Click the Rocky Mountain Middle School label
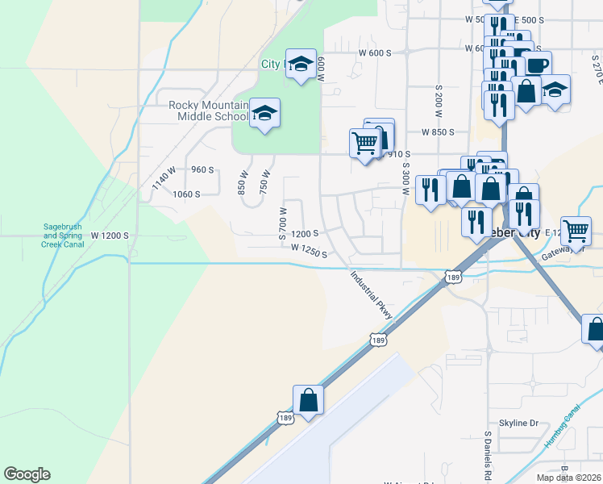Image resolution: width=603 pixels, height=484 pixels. (x=208, y=111)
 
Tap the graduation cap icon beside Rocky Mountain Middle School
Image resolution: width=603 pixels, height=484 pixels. (x=264, y=113)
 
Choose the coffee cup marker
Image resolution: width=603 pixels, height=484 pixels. (x=536, y=65)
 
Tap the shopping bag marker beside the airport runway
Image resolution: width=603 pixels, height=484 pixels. (x=308, y=399)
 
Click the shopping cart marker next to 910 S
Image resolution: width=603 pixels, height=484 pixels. (x=364, y=144)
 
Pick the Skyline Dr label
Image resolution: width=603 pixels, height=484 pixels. (x=518, y=423)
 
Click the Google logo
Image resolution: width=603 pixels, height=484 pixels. (x=27, y=474)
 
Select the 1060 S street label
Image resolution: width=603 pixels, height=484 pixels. (x=185, y=194)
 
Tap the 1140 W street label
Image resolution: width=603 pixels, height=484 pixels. (x=164, y=178)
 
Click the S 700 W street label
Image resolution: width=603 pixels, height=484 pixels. (x=283, y=223)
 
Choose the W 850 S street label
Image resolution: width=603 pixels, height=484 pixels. (x=438, y=131)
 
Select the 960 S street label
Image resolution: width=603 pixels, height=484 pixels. (x=202, y=169)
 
